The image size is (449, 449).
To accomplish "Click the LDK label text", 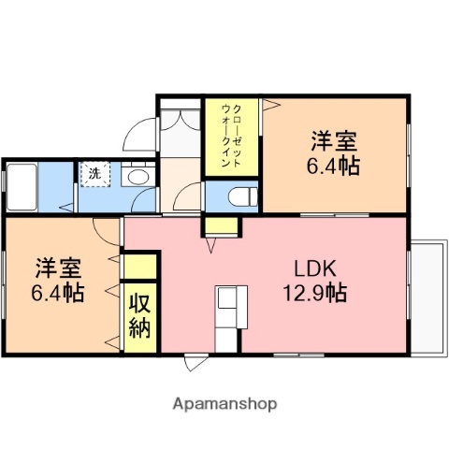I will point(314,264).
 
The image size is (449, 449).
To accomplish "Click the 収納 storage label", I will point(139,315).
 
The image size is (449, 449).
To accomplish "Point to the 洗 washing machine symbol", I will point(94,173).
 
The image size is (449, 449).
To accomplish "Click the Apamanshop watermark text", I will point(224,404).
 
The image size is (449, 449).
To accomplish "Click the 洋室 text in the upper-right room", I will point(334,142).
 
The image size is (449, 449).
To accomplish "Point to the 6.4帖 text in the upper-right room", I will point(334,167).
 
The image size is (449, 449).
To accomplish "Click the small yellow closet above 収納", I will point(140,266).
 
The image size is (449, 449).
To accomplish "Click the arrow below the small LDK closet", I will point(212,245).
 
